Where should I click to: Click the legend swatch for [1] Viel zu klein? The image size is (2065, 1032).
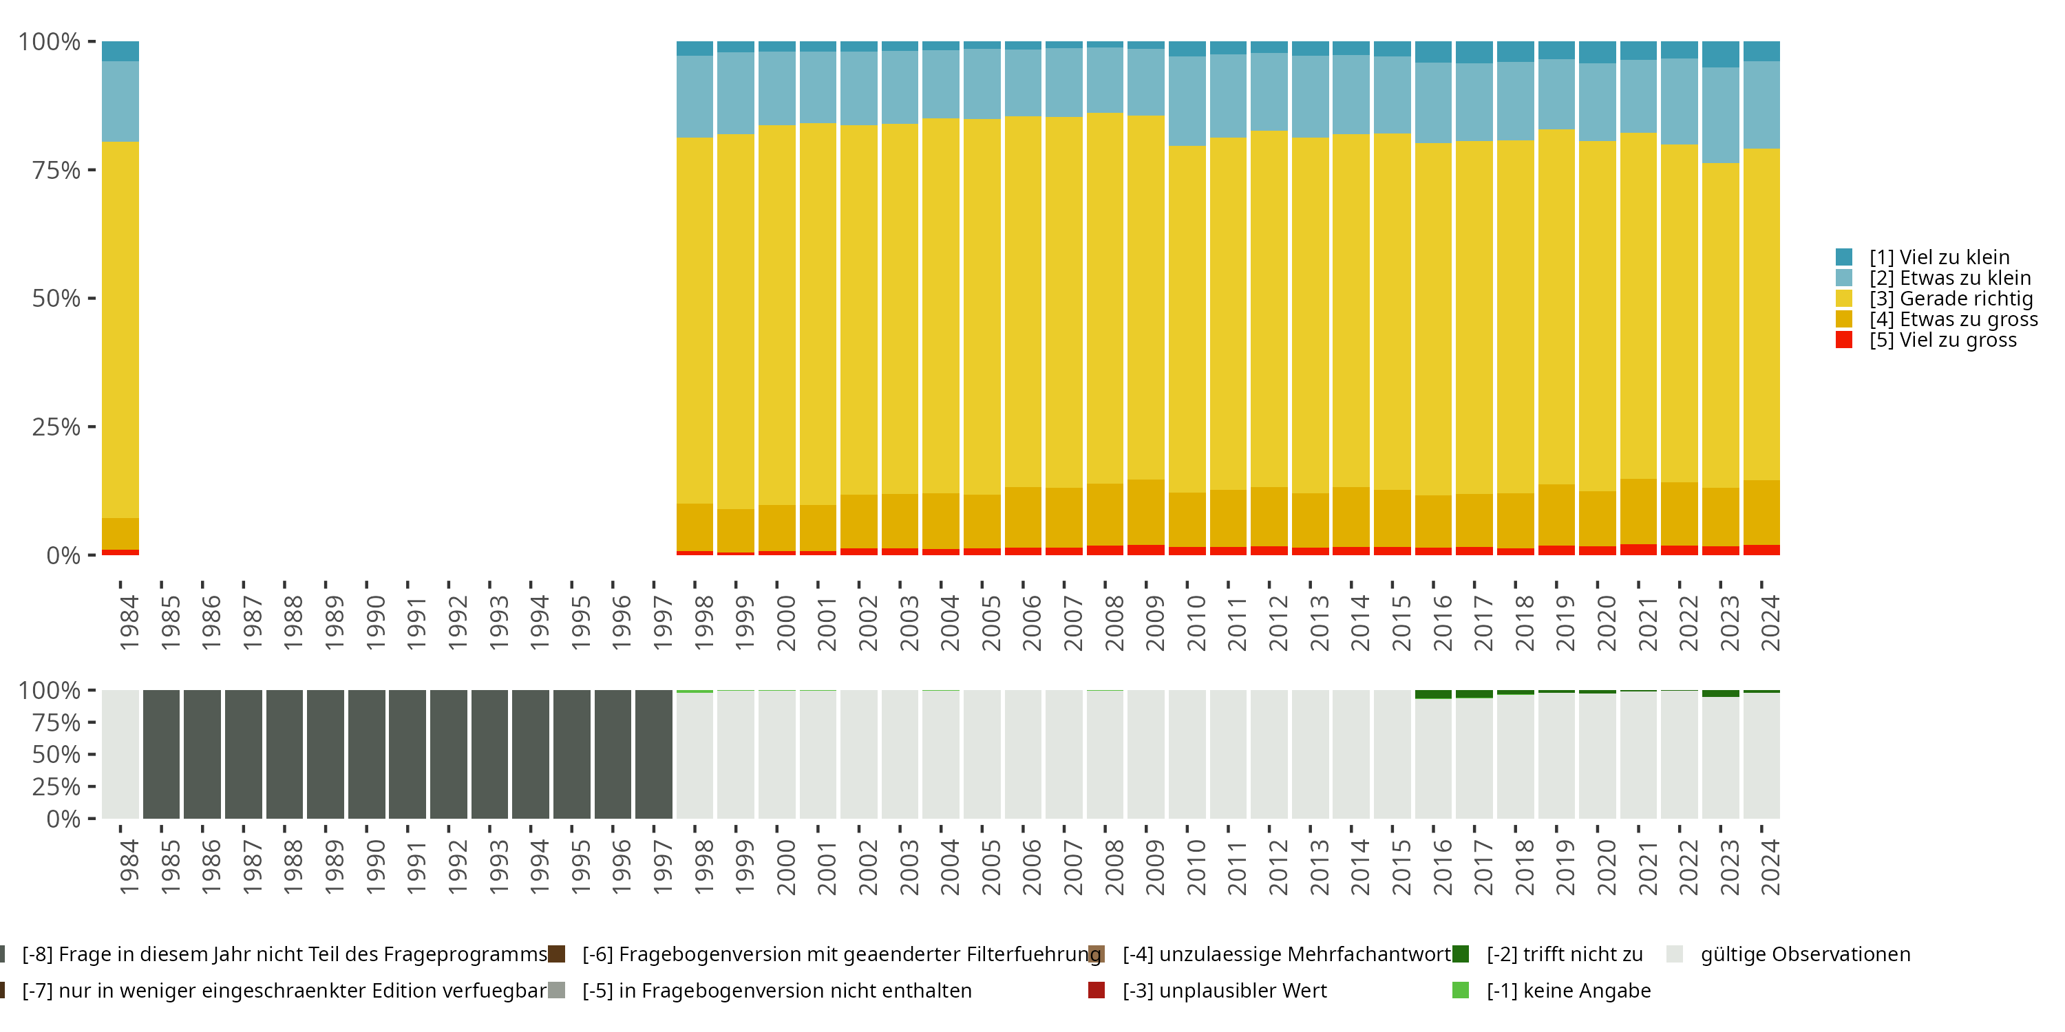point(1844,257)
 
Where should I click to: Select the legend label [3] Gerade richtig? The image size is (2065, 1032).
point(1951,299)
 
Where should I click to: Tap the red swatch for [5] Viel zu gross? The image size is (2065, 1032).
point(1844,340)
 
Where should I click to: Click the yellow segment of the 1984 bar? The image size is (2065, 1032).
point(120,328)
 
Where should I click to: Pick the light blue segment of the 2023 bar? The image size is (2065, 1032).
point(1720,116)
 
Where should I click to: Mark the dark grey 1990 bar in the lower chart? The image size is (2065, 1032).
point(366,754)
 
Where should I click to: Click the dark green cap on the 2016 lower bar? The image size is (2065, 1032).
point(1433,694)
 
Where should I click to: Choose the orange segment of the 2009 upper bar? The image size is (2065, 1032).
point(1145,512)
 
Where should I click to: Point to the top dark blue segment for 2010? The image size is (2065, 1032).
point(1187,49)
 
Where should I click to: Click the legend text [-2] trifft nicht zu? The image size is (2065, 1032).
point(1564,954)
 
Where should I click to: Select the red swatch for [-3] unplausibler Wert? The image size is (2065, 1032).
point(1096,990)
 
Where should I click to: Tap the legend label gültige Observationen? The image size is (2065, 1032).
point(1805,954)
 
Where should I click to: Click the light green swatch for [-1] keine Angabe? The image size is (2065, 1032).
point(1461,990)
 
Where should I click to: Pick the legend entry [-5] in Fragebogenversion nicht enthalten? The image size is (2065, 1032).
point(776,990)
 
